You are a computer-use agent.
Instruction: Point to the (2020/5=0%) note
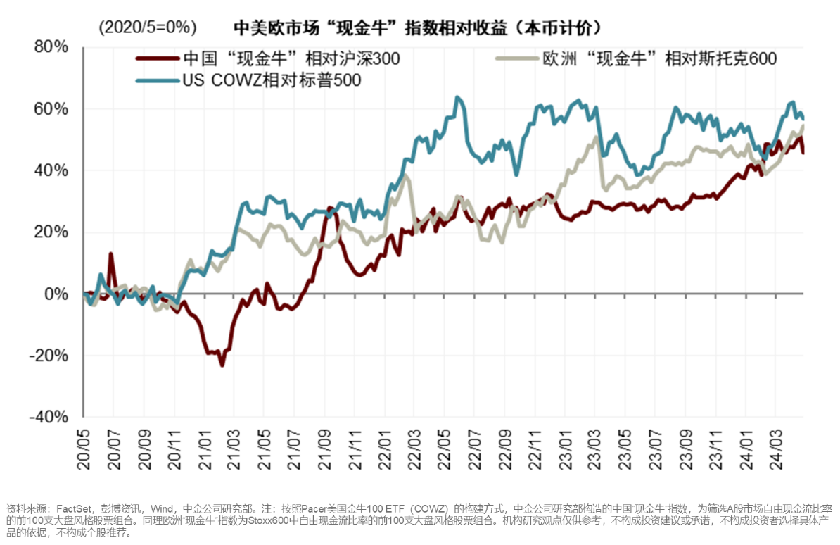(x=147, y=27)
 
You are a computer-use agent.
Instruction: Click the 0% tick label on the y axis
(x=57, y=294)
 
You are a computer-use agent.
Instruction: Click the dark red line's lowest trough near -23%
(x=222, y=365)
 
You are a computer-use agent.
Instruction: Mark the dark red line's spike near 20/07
(x=111, y=254)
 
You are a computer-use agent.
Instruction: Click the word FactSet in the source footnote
(x=72, y=508)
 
